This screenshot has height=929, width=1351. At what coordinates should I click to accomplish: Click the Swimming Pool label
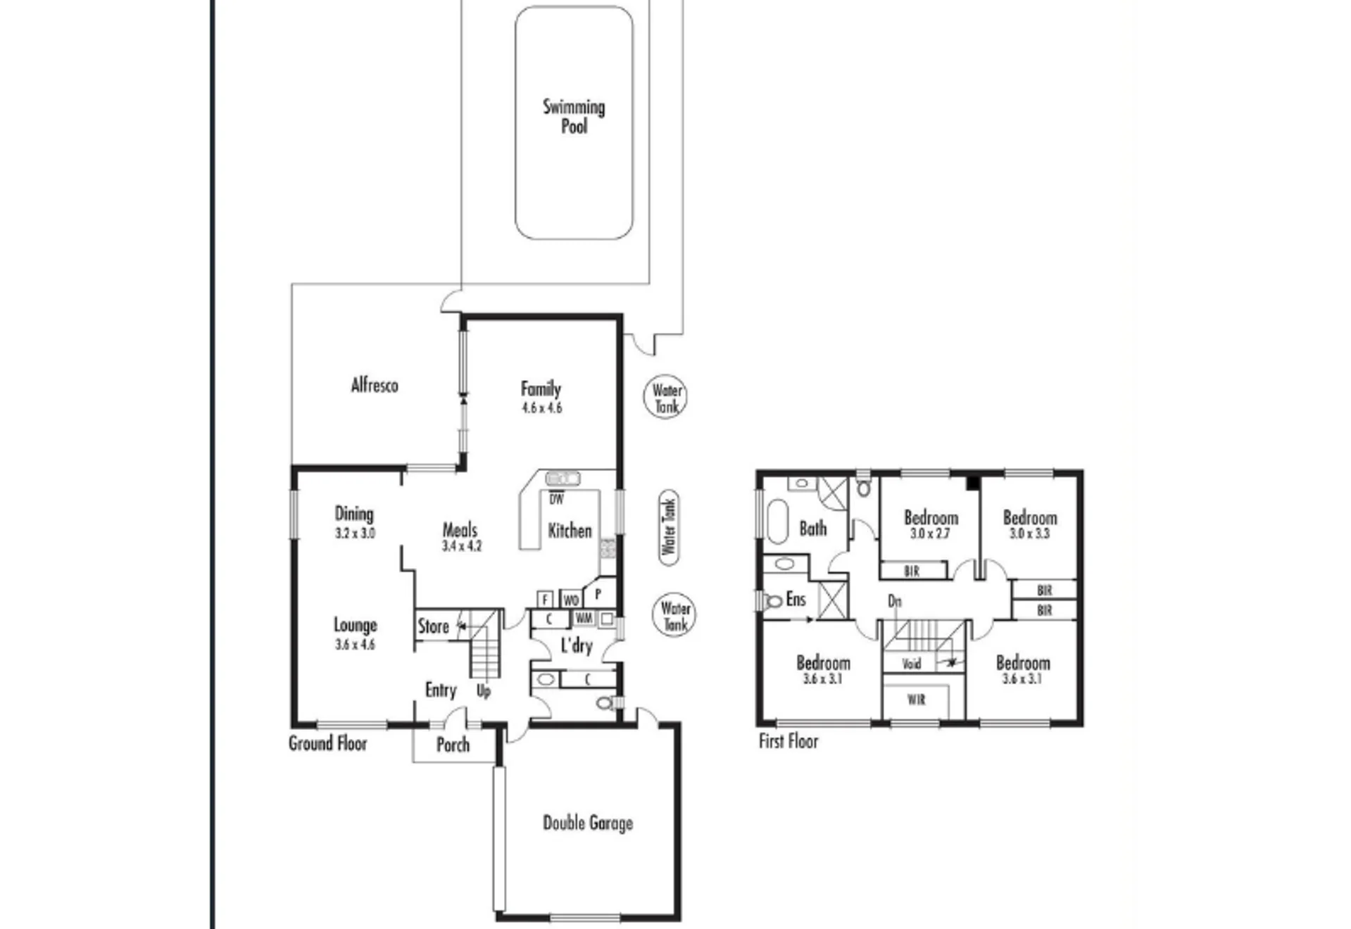pos(574,117)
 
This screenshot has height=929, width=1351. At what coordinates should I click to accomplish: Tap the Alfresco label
pos(375,385)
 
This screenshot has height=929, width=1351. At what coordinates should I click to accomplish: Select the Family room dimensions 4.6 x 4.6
pos(542,408)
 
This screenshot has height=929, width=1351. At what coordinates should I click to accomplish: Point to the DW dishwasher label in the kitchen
pos(556,500)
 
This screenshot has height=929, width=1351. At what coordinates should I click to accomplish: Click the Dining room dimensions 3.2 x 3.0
pos(355,533)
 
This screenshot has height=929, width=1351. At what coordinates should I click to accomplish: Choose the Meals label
pos(460,529)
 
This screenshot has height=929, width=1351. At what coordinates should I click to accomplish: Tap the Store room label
pos(433,626)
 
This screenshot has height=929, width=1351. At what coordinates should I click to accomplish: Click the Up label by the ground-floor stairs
pos(484,691)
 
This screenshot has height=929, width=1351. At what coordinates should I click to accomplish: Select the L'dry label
pos(576,645)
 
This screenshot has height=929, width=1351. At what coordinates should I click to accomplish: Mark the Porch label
pos(453,745)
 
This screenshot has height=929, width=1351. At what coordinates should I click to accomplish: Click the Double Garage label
pos(588,823)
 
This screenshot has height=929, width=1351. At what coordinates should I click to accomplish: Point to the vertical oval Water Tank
pos(669,527)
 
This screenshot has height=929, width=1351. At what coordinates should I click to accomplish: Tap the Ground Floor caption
pos(328,743)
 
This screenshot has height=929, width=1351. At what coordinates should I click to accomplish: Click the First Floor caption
pos(788,741)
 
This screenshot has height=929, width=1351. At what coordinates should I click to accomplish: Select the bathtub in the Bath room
pos(777,522)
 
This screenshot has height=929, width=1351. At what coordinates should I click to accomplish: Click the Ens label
pos(796,599)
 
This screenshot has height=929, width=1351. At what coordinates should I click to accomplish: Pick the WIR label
pos(916,700)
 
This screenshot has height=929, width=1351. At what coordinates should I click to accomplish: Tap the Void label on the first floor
pos(911,663)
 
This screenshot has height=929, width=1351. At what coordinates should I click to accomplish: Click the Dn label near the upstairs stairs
pos(894,601)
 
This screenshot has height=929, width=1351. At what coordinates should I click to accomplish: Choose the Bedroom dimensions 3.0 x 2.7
pos(930,533)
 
